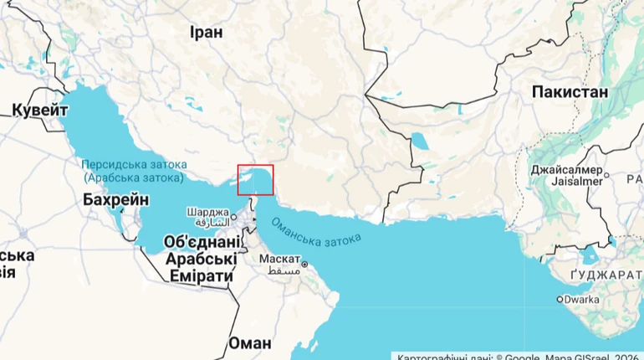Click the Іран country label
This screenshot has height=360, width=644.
tap(206, 33)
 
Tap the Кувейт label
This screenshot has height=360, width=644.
tap(39, 110)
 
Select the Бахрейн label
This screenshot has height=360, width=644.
tap(116, 200)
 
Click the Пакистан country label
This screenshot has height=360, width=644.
tap(569, 92)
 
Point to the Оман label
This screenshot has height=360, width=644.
tap(249, 343)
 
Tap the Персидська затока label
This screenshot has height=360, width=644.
tap(134, 165)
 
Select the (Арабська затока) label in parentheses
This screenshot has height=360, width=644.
tap(134, 177)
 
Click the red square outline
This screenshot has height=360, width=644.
tap(255, 180)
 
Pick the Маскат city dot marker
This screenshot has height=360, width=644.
tap(305, 265)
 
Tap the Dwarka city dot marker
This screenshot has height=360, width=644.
tap(560, 299)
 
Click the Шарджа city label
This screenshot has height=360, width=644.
tap(207, 212)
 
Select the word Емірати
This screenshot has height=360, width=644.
tap(201, 276)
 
